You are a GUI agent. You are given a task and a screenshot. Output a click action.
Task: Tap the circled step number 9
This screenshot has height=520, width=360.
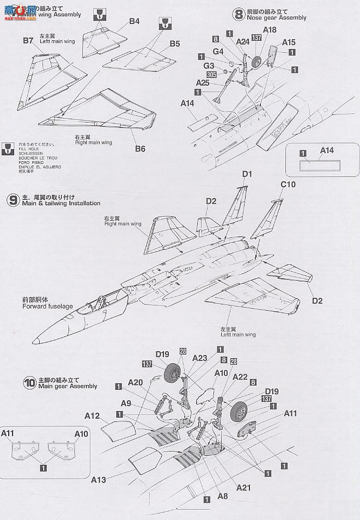(13, 200)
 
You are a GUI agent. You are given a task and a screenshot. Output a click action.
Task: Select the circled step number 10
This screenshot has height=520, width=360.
(30, 382)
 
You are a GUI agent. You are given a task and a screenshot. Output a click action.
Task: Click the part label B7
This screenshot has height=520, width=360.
(28, 40)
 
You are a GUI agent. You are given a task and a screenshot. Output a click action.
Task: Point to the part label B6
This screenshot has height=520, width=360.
(140, 149)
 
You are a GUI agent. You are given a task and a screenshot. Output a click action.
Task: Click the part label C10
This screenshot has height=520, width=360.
(288, 185)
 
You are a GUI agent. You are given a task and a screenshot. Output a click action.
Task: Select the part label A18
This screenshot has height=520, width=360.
(270, 29)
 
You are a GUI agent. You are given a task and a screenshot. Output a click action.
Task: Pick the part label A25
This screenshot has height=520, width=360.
(203, 83)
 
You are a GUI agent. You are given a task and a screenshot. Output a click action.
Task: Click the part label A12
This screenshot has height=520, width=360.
(92, 415)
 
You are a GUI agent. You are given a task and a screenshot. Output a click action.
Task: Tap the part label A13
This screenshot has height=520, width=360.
(99, 479)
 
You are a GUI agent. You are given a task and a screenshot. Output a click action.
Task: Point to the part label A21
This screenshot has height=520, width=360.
(243, 487)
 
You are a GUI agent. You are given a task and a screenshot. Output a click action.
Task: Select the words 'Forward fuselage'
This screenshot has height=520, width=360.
(47, 307)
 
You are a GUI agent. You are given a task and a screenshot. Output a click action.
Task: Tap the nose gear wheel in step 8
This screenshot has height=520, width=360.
(257, 63)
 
